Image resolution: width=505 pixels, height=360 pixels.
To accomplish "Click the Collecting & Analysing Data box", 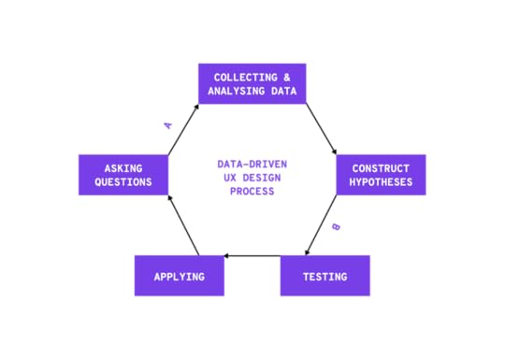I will click(x=252, y=83).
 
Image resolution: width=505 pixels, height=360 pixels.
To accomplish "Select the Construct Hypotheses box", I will click(x=381, y=175).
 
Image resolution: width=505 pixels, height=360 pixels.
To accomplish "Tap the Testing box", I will click(x=325, y=276).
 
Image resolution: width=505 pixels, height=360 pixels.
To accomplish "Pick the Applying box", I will click(x=180, y=276).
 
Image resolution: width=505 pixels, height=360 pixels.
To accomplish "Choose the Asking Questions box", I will click(x=123, y=175).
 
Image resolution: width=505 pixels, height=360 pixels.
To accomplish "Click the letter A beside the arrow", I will click(x=168, y=123).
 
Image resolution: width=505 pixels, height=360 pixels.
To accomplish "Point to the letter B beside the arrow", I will click(x=336, y=227).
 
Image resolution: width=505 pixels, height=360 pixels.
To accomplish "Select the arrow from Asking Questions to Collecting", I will click(x=182, y=130).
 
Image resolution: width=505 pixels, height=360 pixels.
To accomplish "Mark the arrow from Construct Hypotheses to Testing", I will click(x=320, y=225).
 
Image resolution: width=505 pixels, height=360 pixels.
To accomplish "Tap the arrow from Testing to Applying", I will click(x=252, y=255).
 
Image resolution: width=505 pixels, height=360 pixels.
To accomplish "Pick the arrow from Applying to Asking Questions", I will click(x=182, y=224).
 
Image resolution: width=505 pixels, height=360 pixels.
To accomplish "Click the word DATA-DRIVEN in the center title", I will click(x=252, y=163).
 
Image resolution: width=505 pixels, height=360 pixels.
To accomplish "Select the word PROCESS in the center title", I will click(x=252, y=191).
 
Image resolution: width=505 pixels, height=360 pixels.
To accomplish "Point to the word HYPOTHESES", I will click(x=381, y=182).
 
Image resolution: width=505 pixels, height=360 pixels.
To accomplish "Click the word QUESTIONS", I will click(x=123, y=182).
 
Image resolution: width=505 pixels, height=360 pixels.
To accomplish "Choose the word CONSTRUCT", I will click(x=381, y=168).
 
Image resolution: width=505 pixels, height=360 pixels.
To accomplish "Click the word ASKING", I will click(x=123, y=168).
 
